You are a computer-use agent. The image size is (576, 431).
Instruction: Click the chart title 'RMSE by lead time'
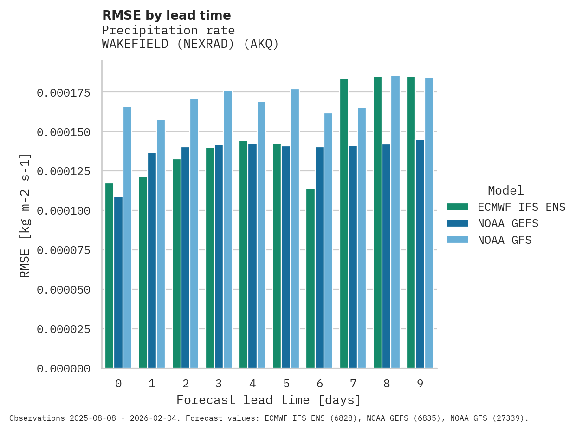point(166,15)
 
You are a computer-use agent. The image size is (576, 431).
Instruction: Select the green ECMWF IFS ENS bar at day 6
point(311,278)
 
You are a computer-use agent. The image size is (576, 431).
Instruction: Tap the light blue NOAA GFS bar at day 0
point(127,237)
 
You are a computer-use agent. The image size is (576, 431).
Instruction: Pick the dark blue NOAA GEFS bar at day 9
point(420,254)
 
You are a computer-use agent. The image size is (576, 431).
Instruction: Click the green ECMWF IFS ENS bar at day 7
point(344,223)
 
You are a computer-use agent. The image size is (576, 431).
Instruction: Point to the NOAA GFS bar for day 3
point(228,229)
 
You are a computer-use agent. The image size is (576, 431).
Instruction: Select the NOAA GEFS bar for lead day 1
point(152,260)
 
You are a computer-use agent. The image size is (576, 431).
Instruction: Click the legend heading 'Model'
point(505,190)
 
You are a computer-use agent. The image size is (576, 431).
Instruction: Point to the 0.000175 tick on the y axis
point(63,93)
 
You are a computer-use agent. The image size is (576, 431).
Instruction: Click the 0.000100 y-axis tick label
point(63,211)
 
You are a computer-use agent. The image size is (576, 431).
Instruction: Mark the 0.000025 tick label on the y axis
point(63,329)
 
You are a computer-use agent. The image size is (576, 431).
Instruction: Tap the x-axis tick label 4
point(252,384)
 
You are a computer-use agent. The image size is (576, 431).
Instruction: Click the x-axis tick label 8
point(387,384)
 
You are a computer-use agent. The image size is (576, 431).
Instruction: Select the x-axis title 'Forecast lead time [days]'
point(269,400)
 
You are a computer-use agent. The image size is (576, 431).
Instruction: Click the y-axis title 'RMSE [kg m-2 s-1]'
point(25,215)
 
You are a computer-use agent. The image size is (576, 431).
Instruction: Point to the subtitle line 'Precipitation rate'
point(168,31)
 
